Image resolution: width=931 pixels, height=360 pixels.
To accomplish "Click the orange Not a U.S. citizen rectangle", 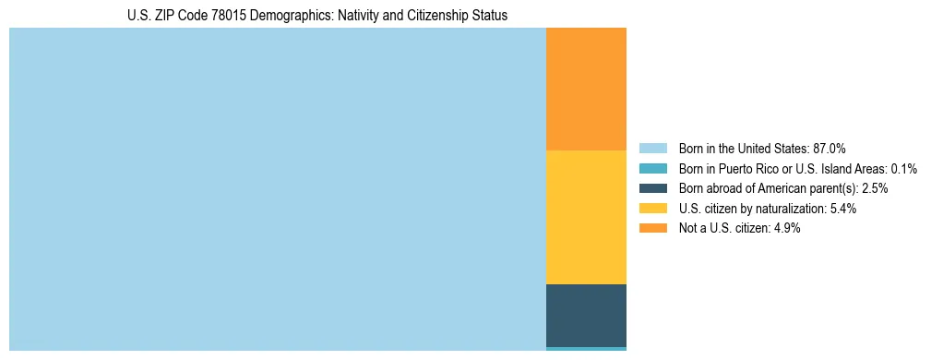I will (x=586, y=89).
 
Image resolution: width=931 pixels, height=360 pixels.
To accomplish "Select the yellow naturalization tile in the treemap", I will (x=586, y=217).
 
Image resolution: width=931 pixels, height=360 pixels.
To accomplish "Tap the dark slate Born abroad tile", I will (x=586, y=315).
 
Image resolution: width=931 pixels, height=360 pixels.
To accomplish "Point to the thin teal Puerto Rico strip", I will (x=586, y=349).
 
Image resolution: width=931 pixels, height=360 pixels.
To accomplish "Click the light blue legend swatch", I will (x=652, y=149).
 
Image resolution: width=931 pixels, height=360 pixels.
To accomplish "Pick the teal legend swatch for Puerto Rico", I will (x=652, y=169).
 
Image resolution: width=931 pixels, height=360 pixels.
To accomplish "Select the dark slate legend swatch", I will (x=652, y=188).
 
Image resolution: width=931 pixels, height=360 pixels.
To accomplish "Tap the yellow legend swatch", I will (x=652, y=209).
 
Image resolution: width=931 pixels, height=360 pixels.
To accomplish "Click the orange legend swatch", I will (x=652, y=228).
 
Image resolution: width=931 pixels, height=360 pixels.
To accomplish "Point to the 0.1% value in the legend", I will (x=902, y=169).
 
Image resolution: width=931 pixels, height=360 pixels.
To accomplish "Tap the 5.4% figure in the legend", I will (x=841, y=209).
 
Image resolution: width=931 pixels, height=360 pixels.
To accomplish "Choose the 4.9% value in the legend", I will (x=785, y=228).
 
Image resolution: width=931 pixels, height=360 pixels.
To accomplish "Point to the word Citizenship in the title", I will (x=441, y=16).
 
